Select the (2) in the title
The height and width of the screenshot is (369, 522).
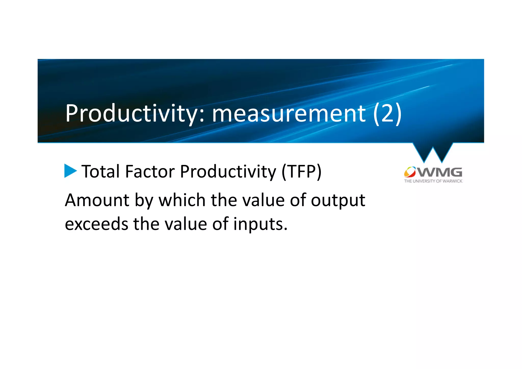click(387, 113)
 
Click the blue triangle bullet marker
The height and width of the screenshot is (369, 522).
click(70, 171)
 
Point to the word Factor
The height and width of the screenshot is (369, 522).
click(150, 171)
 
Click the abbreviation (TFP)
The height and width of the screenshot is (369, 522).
click(301, 171)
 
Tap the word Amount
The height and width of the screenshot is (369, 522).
click(97, 200)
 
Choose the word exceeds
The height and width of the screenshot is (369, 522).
click(96, 224)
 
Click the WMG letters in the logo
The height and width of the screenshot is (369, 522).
click(440, 172)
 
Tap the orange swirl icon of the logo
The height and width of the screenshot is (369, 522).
click(410, 172)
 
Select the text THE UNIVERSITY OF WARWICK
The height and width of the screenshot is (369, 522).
click(433, 181)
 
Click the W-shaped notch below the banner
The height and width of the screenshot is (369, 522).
click(433, 152)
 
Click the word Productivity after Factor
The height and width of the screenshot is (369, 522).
click(228, 171)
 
